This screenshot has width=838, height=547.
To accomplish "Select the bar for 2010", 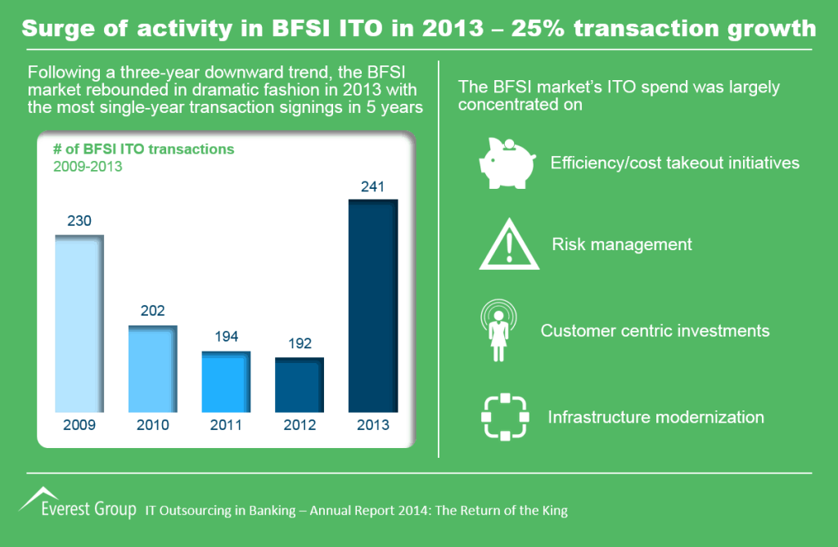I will click(153, 368).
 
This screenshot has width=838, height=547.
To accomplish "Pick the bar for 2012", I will click(300, 384).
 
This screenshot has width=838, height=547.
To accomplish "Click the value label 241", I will click(373, 186).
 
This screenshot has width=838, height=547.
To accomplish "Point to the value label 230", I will click(79, 221).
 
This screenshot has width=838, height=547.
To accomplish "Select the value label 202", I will click(153, 311).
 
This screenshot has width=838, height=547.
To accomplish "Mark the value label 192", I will click(300, 343).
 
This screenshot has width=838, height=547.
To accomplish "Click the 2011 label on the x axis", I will click(226, 425).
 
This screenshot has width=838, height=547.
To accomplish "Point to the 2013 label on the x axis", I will click(373, 425).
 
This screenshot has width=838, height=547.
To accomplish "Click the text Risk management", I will click(622, 244).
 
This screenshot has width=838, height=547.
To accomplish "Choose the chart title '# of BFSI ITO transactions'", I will click(143, 149).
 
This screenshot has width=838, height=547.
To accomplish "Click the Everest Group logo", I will click(78, 504).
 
